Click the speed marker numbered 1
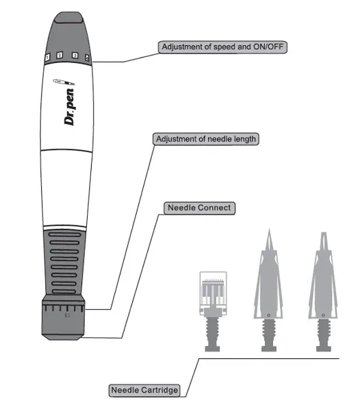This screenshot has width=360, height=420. pyautogui.click(x=47, y=57)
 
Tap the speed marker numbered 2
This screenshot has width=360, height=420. pyautogui.click(x=60, y=55)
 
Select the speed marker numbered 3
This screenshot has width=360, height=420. pyautogui.click(x=75, y=55)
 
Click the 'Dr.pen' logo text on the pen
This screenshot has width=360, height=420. pyautogui.click(x=69, y=107)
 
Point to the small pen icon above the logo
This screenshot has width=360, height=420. pyautogui.click(x=64, y=82)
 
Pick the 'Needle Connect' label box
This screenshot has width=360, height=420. pyautogui.click(x=199, y=208)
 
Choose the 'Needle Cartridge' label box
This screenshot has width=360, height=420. pyautogui.click(x=144, y=391)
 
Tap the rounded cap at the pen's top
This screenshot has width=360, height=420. pyautogui.click(x=68, y=17)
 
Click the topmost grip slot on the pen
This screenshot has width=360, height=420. pyautogui.click(x=65, y=234)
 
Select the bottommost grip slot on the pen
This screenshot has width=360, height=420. pyautogui.click(x=64, y=291)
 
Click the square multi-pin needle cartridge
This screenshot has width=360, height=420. pyautogui.click(x=213, y=293)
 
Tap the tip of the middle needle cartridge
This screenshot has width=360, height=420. pyautogui.click(x=269, y=229)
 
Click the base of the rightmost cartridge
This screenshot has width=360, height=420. pyautogui.click(x=324, y=349)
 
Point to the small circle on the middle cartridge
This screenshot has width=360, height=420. pyautogui.click(x=268, y=315)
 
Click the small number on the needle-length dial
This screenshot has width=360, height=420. pyautogui.click(x=68, y=316)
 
